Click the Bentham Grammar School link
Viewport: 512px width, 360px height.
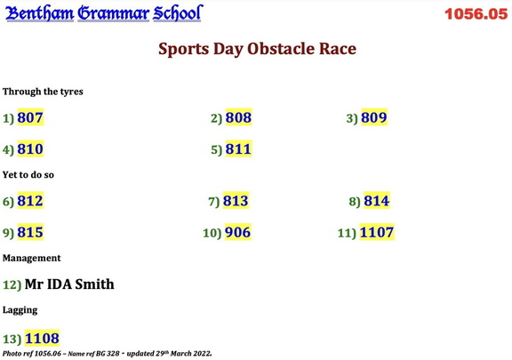[x=104, y=13]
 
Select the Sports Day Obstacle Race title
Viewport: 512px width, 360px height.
[x=257, y=49]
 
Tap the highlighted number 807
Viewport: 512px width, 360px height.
[x=30, y=117]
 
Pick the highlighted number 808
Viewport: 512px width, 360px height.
[x=238, y=117]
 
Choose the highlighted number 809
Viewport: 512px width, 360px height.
[x=373, y=117]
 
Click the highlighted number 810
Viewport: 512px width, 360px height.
[x=30, y=149]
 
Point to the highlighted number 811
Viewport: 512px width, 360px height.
[x=238, y=149]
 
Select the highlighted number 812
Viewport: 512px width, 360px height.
[x=30, y=201]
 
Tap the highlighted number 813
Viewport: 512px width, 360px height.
[x=236, y=201]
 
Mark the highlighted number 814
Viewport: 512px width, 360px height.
[x=376, y=201]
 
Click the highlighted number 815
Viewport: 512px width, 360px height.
[x=30, y=233]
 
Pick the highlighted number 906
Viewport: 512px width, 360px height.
[x=237, y=233]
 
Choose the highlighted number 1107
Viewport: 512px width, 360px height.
[x=377, y=233]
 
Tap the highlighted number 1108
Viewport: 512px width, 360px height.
[x=42, y=338]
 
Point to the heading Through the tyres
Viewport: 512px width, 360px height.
[x=43, y=92]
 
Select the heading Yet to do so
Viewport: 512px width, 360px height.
[x=28, y=175]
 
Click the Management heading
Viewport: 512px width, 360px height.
[x=32, y=258]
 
